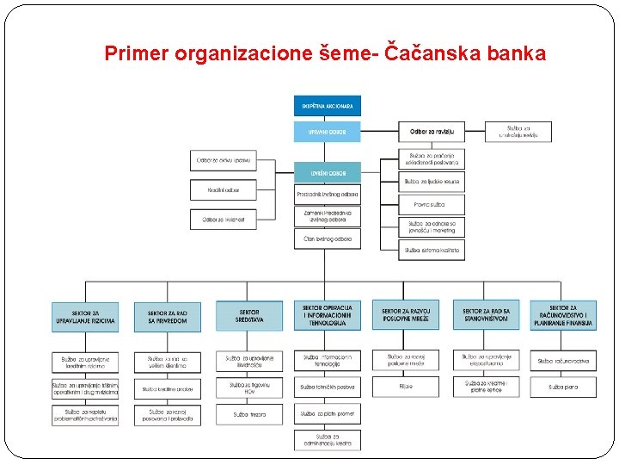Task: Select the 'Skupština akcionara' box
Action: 328,106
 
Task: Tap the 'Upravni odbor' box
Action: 328,132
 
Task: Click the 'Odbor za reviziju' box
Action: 432,132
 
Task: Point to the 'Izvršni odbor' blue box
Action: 328,172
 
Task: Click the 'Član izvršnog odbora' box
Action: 328,239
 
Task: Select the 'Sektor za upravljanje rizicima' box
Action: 84,316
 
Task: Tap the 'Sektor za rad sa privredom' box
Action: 167,316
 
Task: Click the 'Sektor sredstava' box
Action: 248,316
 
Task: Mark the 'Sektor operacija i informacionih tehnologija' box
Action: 328,316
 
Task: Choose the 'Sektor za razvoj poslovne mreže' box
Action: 405,316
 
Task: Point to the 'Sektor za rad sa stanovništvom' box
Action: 486,316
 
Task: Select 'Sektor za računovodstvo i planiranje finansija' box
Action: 563,316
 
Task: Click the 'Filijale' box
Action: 405,387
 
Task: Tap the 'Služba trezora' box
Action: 248,414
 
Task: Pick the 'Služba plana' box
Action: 563,387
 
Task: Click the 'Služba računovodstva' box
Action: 563,361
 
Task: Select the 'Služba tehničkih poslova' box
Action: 328,387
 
